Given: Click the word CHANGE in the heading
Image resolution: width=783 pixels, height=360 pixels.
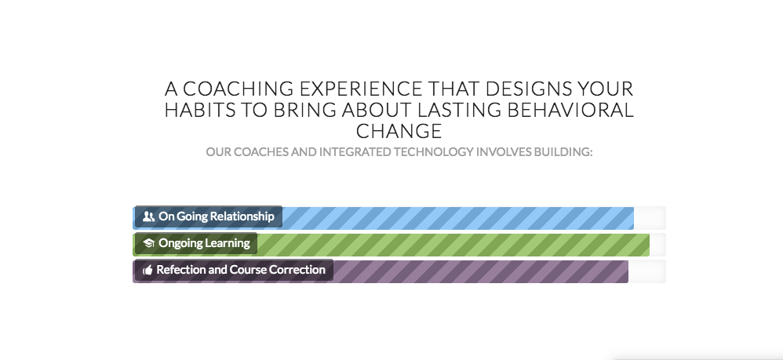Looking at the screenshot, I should [399, 131].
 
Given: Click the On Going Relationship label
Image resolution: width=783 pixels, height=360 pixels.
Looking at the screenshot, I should [216, 216].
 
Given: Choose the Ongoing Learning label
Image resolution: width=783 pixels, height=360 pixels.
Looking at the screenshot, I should [204, 243].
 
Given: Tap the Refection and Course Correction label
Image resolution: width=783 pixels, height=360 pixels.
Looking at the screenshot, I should [240, 270].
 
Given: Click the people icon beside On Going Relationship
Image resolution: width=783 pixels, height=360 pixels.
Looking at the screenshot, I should [148, 217].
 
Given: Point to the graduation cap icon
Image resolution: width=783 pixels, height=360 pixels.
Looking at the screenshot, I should [148, 244].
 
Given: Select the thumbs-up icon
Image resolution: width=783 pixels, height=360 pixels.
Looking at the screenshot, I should [147, 271].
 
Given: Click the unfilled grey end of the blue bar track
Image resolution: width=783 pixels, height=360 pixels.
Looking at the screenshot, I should [650, 218].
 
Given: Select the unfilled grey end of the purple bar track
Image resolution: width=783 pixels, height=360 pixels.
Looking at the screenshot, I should [647, 271].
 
